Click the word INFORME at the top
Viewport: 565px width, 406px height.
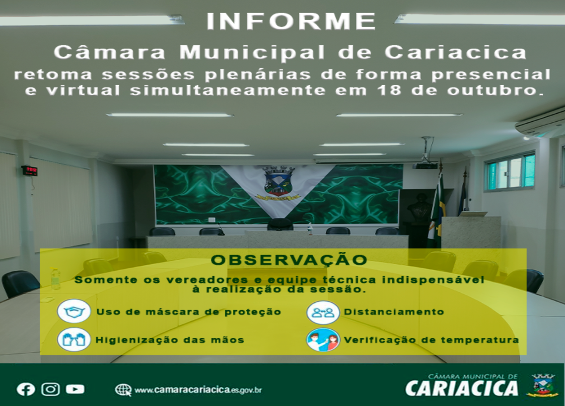pyautogui.click(x=291, y=21)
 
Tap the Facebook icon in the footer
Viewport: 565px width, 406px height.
pyautogui.click(x=26, y=389)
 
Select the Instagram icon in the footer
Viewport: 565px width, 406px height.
pyautogui.click(x=51, y=389)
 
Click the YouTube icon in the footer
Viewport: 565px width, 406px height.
pyautogui.click(x=75, y=389)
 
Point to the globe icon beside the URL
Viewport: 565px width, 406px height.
pyautogui.click(x=123, y=390)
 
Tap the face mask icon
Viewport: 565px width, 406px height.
pyautogui.click(x=74, y=311)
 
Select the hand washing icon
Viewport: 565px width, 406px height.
pyautogui.click(x=74, y=340)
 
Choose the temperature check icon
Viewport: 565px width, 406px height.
pyautogui.click(x=323, y=340)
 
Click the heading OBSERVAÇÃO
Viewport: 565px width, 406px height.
pyautogui.click(x=289, y=260)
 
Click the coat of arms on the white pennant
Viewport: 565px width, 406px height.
pyautogui.click(x=278, y=183)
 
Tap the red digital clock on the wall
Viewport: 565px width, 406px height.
pyautogui.click(x=29, y=171)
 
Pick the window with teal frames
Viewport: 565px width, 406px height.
pyautogui.click(x=510, y=171)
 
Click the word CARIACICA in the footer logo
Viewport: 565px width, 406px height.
pyautogui.click(x=461, y=388)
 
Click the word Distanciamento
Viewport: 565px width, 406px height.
pyautogui.click(x=394, y=312)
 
